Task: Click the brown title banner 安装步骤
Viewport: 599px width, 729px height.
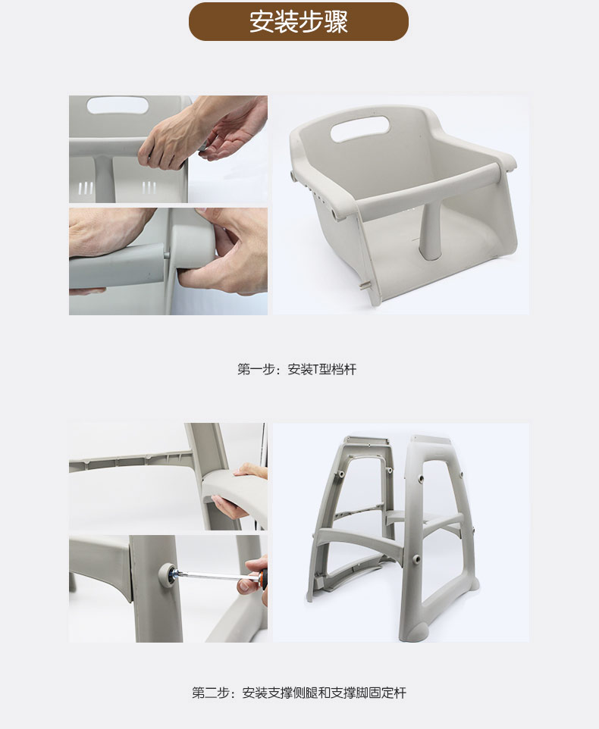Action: coord(299,21)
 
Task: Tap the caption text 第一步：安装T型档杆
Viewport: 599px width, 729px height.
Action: coord(296,369)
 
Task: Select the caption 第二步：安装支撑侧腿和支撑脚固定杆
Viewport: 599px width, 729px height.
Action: coord(299,693)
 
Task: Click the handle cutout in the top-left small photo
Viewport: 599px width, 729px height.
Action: coord(118,105)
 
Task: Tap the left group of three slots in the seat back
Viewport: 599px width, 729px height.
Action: coord(85,188)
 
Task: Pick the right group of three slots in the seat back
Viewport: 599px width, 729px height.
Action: coord(149,188)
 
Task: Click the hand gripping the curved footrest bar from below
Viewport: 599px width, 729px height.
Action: coord(231,507)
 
